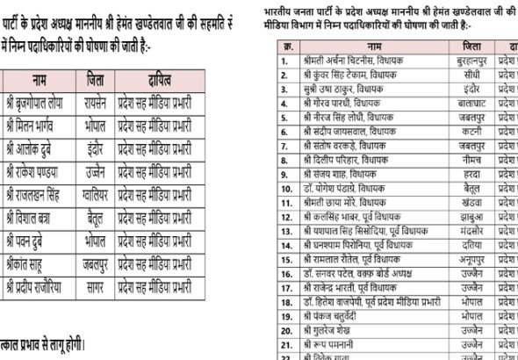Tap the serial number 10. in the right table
[285, 188]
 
